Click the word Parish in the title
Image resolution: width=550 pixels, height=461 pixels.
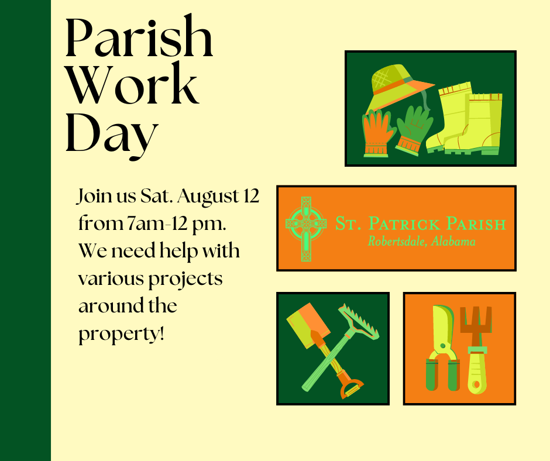(139, 39)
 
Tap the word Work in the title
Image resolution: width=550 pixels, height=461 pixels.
(132, 86)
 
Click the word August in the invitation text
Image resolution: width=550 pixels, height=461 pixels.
(207, 197)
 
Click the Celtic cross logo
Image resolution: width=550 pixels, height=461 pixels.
(305, 228)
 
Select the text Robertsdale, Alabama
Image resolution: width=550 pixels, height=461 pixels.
(421, 241)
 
